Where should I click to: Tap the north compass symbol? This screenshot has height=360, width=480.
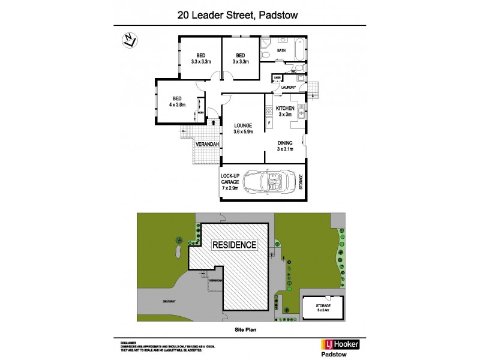(x=128, y=41)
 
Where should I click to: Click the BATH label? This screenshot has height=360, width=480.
(x=281, y=51)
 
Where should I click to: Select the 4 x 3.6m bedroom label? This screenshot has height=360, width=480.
(x=177, y=102)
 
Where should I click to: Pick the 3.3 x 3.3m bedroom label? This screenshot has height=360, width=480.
(x=196, y=59)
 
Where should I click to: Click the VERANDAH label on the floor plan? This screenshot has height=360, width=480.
(x=205, y=145)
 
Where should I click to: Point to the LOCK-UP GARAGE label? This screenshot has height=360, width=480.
(x=231, y=182)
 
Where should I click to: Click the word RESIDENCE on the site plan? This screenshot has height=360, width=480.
(x=233, y=245)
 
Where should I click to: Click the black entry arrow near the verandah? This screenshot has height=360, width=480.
(x=214, y=123)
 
